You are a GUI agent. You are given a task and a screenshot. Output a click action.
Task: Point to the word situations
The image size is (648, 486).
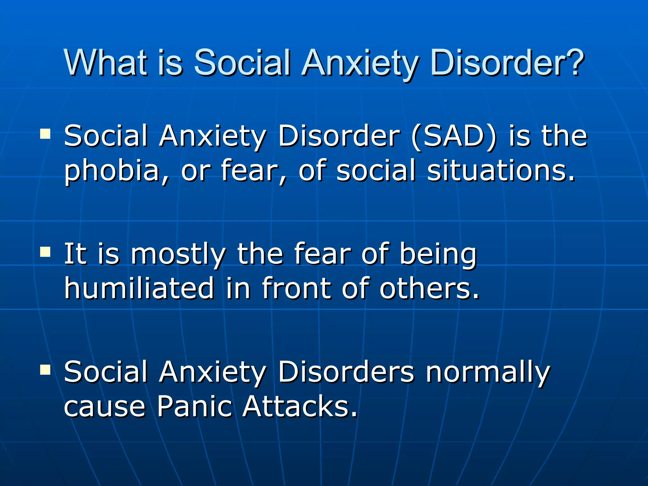[500, 171]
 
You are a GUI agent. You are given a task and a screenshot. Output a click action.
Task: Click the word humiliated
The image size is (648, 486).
[139, 288]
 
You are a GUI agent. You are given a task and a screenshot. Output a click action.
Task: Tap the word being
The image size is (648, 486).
[438, 254]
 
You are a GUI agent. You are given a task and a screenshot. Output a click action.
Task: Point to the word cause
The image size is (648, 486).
[104, 407]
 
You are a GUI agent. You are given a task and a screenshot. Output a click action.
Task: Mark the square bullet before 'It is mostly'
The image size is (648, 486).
[45, 252]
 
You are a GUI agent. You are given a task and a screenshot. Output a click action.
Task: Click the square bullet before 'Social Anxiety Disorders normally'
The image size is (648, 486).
[45, 369]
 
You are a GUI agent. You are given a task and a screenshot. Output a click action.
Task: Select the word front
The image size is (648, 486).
[296, 288]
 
